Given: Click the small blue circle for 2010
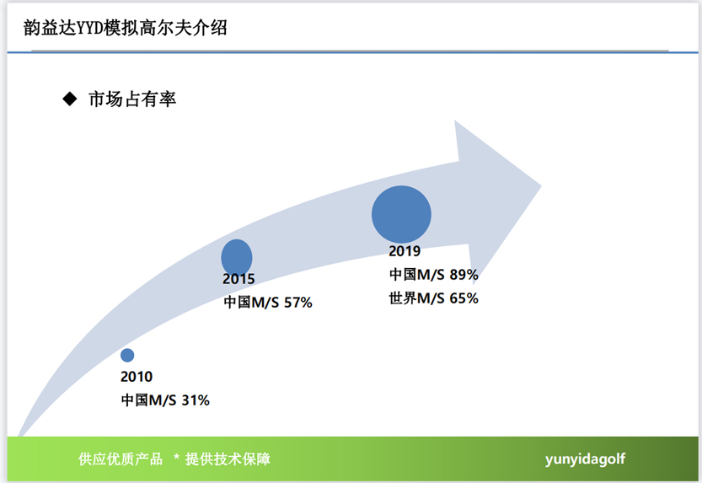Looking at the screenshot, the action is [x=127, y=355].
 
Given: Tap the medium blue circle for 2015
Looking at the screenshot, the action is [x=237, y=257].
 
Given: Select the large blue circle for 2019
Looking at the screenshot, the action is [x=402, y=214].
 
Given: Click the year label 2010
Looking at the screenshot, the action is [x=137, y=377].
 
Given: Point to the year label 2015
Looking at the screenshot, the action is [x=238, y=279].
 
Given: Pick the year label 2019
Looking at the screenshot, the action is [x=405, y=251].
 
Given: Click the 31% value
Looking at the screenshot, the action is [x=196, y=400].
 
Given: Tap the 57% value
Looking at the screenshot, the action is [x=298, y=303].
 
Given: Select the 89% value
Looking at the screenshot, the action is [x=464, y=275].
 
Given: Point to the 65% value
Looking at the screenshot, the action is [x=464, y=298].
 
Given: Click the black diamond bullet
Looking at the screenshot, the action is [x=70, y=99].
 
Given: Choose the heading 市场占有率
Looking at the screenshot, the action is [x=132, y=99].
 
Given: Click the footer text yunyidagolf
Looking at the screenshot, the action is [x=585, y=459].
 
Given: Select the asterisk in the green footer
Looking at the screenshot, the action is [x=176, y=457].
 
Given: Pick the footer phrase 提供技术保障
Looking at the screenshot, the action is [x=228, y=459].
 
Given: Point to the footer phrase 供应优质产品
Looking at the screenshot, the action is [x=121, y=459].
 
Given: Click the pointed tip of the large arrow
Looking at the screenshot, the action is [x=541, y=185].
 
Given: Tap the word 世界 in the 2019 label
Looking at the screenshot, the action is [x=403, y=298].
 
